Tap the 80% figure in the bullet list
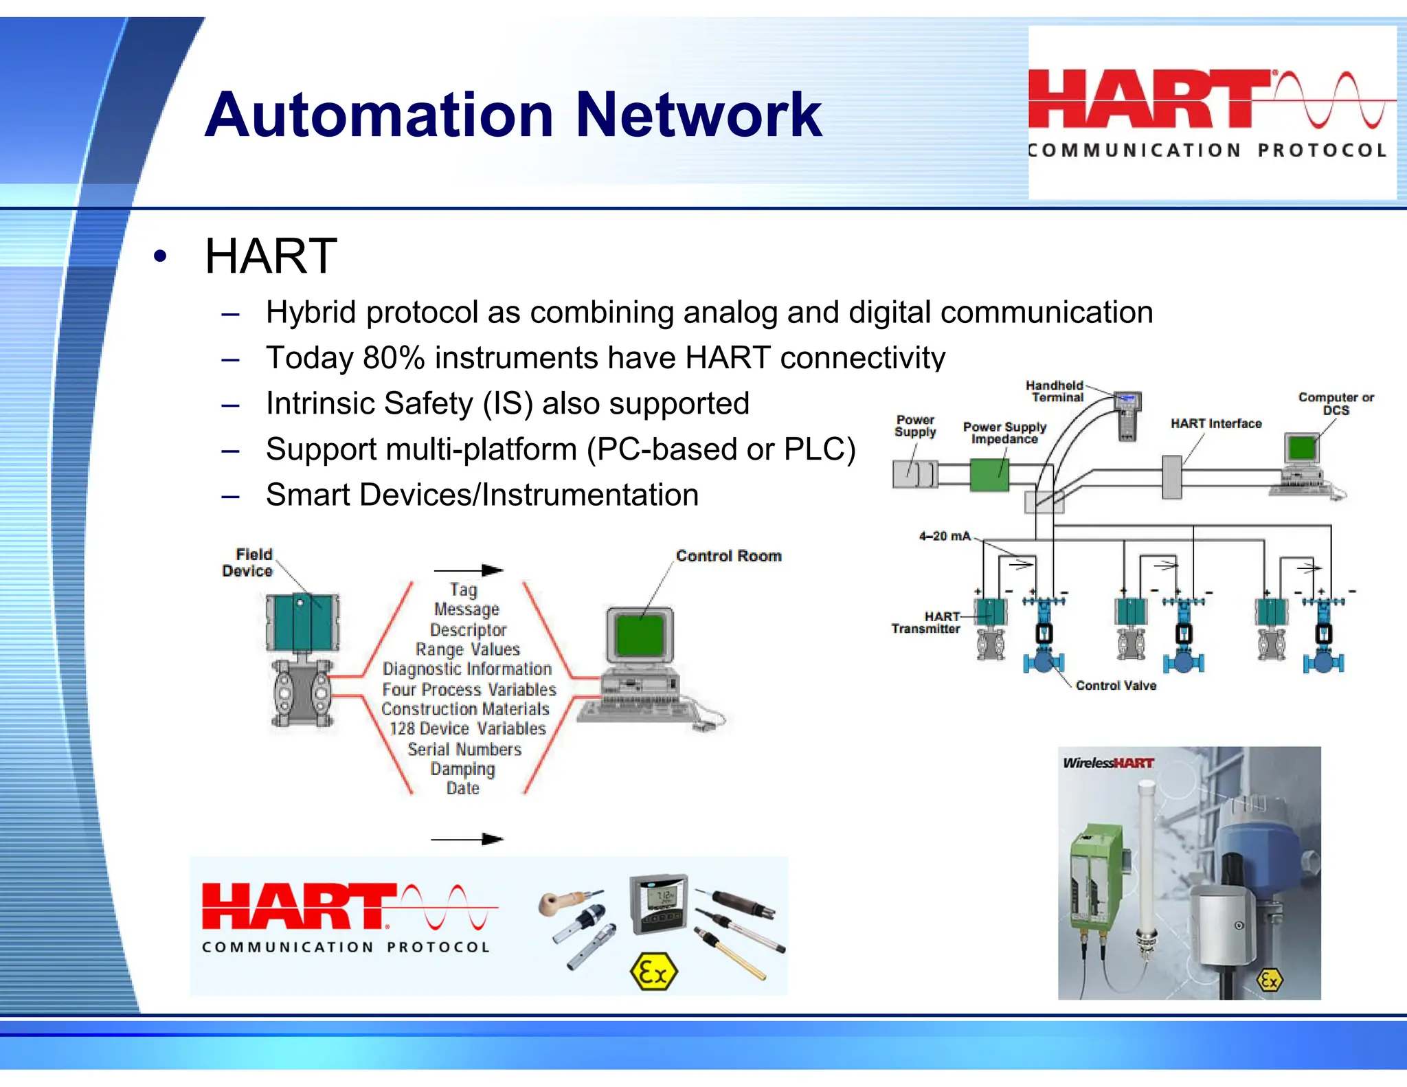(394, 358)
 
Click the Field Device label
(247, 562)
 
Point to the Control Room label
(728, 556)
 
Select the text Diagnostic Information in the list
(467, 669)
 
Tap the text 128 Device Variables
(467, 729)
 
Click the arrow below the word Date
(467, 839)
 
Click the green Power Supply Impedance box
(989, 475)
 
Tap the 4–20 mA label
(945, 536)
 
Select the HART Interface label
(1216, 424)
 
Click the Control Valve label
(1116, 686)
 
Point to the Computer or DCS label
(1336, 403)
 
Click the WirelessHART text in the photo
(1108, 763)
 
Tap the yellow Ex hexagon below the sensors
(653, 972)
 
